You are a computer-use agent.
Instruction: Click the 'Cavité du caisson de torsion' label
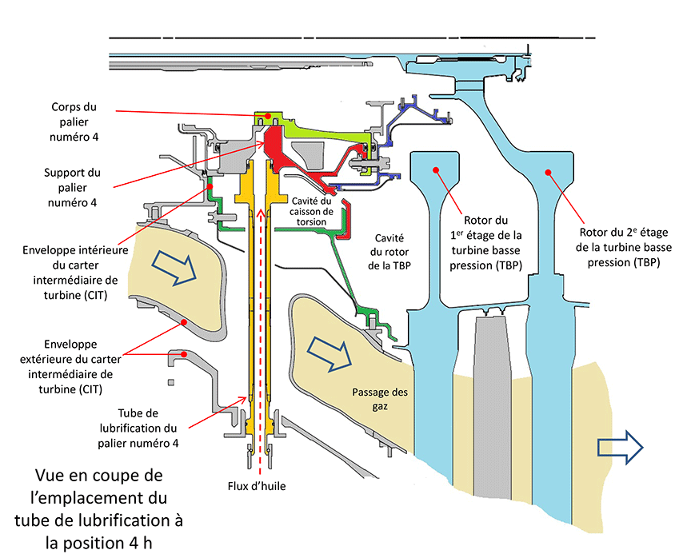point(313,210)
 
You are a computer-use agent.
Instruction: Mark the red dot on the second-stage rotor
point(549,170)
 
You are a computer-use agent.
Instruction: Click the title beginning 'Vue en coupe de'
point(99,509)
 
